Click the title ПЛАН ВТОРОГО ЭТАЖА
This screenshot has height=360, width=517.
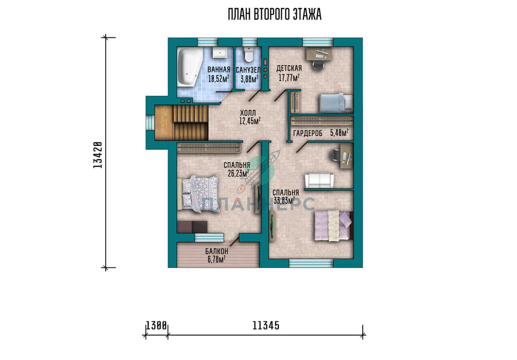(x=274, y=14)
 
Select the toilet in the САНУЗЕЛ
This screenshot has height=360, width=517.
(x=248, y=54)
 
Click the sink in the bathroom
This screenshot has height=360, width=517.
(x=220, y=53)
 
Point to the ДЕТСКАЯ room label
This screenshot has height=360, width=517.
(x=289, y=68)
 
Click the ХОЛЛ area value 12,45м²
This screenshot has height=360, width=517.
(x=250, y=121)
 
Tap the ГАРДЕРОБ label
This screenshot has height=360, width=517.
(x=308, y=133)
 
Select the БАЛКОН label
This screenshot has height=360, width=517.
(x=216, y=251)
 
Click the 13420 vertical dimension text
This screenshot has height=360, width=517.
(x=98, y=155)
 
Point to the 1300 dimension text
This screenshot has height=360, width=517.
(x=156, y=326)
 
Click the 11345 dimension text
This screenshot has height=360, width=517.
(x=266, y=326)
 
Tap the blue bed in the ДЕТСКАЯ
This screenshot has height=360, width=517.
(x=336, y=103)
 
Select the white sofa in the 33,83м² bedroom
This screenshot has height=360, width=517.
(x=319, y=180)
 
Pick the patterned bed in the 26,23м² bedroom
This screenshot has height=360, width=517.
(x=198, y=194)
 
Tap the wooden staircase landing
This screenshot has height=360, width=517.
(x=164, y=122)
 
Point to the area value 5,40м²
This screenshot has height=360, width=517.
(x=339, y=133)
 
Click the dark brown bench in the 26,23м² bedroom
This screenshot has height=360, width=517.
(x=192, y=227)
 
